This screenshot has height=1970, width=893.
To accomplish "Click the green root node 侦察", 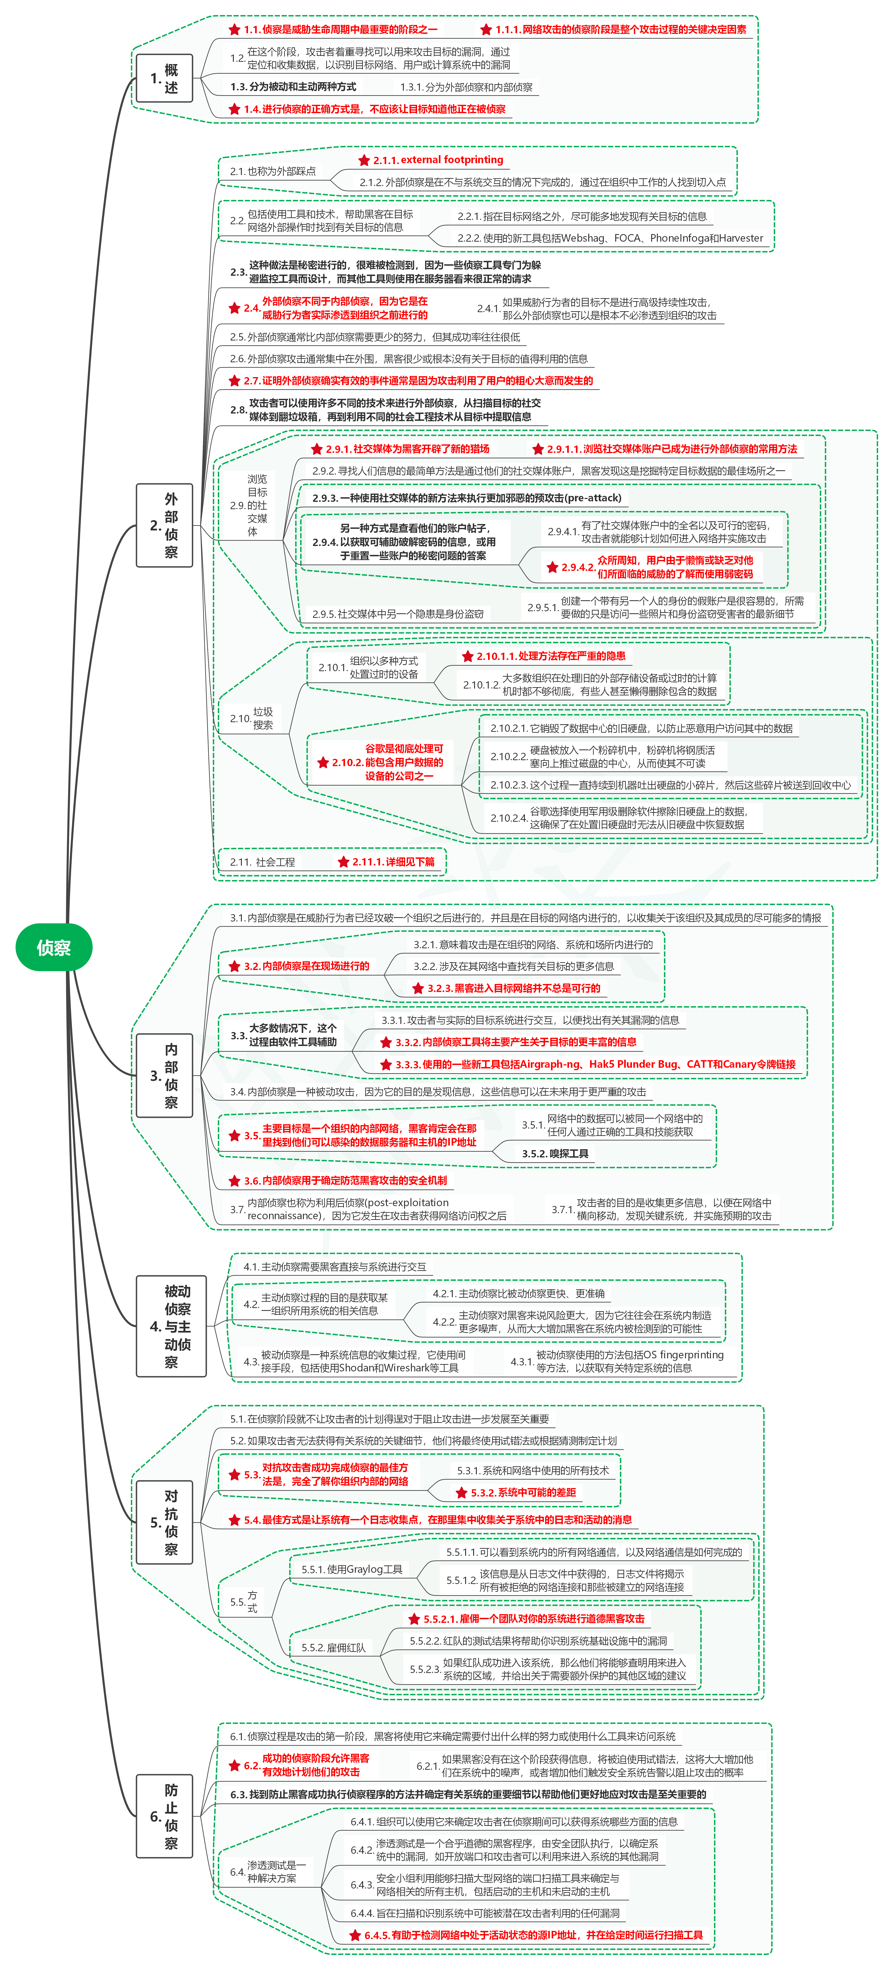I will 54,948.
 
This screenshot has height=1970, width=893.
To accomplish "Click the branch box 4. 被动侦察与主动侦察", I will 171,1326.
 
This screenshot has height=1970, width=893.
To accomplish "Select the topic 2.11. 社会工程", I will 262,862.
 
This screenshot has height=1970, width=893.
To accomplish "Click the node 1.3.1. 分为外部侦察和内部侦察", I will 466,87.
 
